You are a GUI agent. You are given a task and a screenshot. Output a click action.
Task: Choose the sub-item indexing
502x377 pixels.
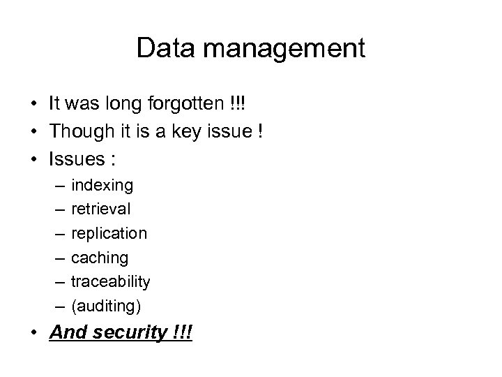point(102,186)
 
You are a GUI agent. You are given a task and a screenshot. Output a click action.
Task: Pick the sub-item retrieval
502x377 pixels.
point(101,209)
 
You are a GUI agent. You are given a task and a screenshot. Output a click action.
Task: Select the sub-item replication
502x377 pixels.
point(109,234)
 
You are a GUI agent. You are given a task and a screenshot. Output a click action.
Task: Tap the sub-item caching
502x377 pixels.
point(100,258)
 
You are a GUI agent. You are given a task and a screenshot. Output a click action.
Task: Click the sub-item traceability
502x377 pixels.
point(111,281)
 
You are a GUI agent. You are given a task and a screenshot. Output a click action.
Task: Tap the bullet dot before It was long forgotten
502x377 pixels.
point(33,105)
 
